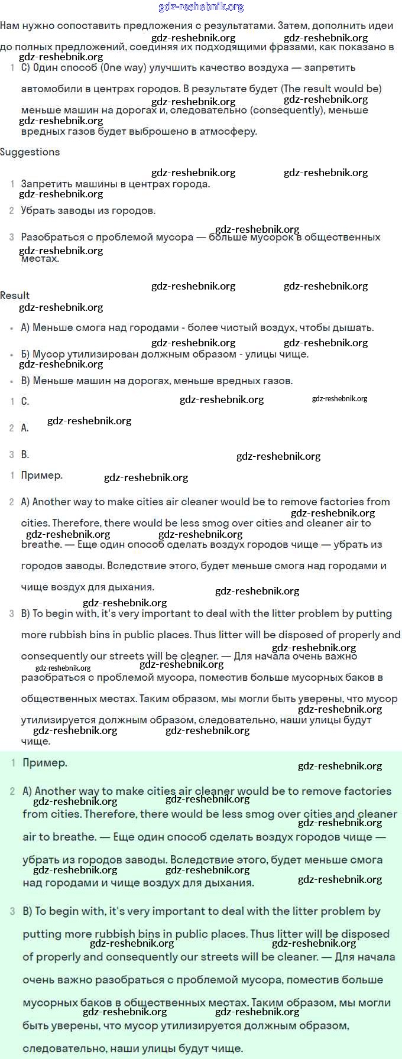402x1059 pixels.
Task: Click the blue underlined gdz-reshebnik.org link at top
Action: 201,7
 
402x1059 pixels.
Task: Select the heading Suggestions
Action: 30,152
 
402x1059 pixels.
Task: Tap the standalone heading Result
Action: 15,295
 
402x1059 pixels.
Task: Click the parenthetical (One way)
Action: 123,67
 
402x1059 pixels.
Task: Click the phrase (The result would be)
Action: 331,89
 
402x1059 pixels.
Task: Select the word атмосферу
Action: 227,131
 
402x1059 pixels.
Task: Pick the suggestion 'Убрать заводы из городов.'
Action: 88,210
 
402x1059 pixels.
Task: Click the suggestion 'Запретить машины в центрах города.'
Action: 115,184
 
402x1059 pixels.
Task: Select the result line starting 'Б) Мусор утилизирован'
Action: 164,354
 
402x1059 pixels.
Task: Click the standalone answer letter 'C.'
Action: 25,401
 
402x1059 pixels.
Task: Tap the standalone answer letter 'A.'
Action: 25,428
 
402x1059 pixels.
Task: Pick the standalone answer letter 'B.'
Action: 25,454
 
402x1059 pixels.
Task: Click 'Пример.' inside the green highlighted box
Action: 45,763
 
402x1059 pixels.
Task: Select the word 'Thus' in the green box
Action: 262,934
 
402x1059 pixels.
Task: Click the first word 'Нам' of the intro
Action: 9,25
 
